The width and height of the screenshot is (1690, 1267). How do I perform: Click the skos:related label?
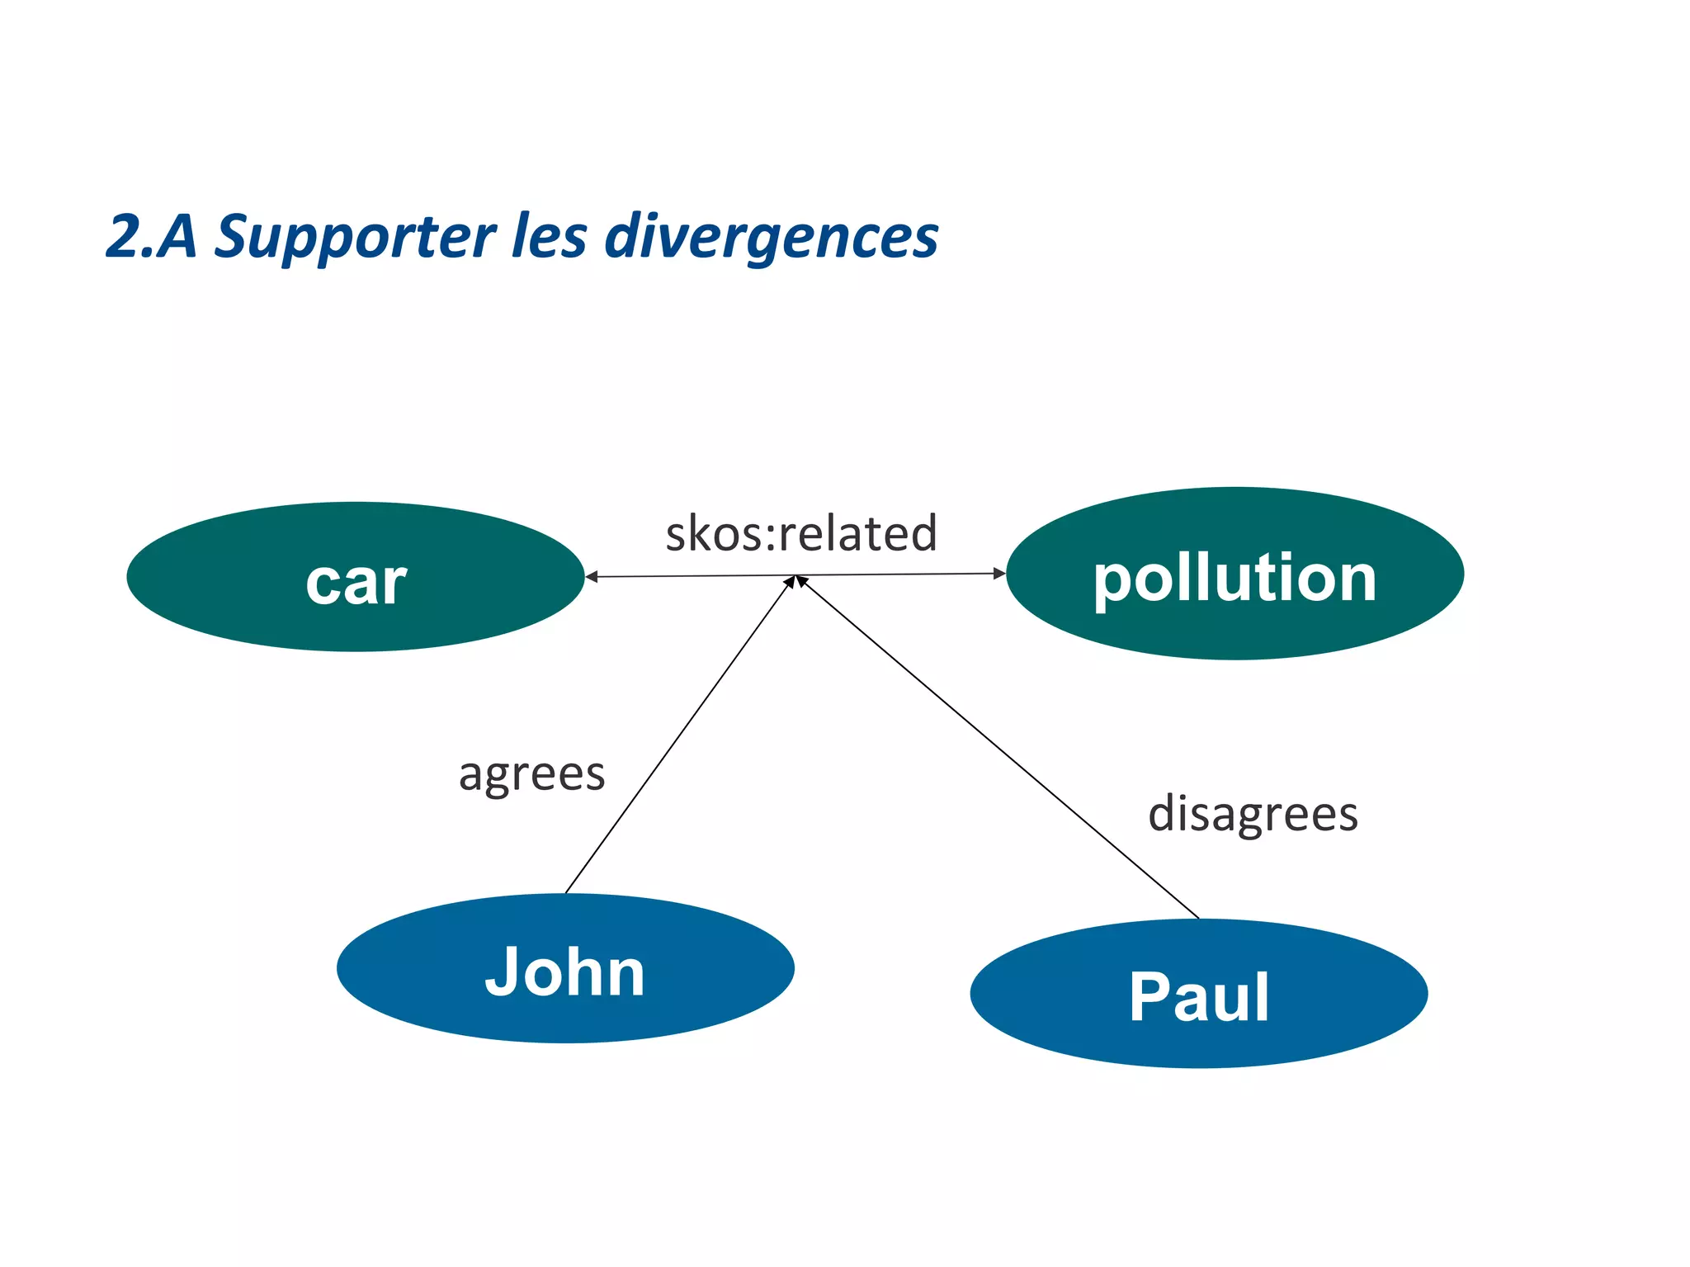[x=801, y=533]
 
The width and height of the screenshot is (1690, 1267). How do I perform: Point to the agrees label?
[x=532, y=774]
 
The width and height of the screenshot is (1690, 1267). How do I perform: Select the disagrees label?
[x=1253, y=814]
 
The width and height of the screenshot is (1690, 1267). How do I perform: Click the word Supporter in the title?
[x=355, y=237]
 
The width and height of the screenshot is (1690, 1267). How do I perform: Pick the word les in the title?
[x=550, y=237]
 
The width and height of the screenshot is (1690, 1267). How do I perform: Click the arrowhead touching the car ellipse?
[x=591, y=577]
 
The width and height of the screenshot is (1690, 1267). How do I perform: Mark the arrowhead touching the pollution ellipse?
[x=999, y=573]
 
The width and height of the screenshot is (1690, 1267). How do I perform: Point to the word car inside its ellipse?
[x=356, y=583]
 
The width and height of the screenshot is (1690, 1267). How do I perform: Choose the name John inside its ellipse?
[x=564, y=972]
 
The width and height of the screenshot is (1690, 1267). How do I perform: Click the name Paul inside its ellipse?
[x=1198, y=997]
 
